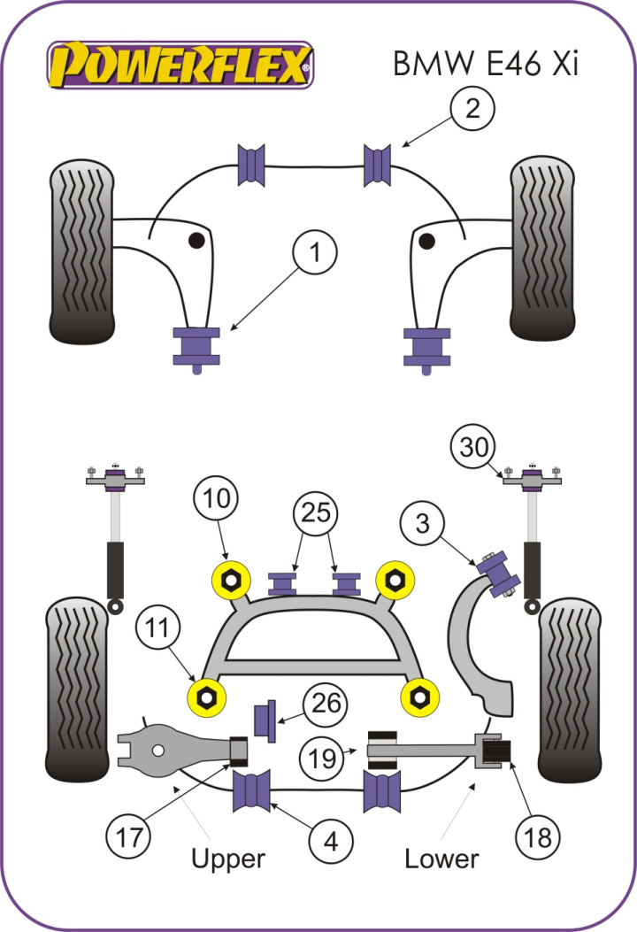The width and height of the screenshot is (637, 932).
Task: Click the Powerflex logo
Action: pos(180,65)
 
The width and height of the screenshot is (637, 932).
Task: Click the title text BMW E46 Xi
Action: pos(485,64)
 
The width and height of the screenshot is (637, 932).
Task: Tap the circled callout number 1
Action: pos(315,255)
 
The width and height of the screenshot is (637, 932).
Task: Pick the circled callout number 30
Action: pos(475,448)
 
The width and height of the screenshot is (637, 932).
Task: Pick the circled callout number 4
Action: pos(330,842)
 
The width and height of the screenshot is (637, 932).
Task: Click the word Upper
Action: pos(228,859)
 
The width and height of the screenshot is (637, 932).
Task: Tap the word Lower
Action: pos(441,858)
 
